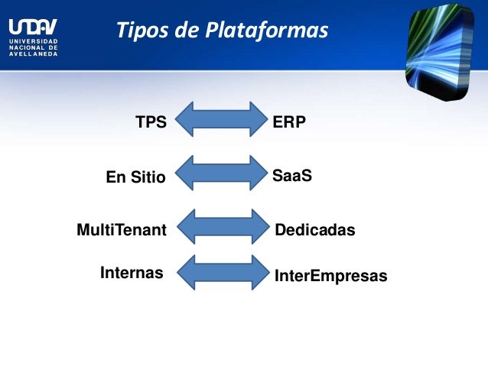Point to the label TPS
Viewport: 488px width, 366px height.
pyautogui.click(x=151, y=121)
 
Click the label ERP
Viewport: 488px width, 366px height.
pyautogui.click(x=289, y=121)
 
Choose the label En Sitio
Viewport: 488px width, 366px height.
pyautogui.click(x=135, y=178)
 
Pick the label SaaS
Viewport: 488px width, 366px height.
pyautogui.click(x=292, y=176)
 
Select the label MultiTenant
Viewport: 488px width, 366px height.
pyautogui.click(x=122, y=229)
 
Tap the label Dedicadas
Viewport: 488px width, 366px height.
pyautogui.click(x=315, y=229)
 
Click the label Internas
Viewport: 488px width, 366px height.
pyautogui.click(x=132, y=272)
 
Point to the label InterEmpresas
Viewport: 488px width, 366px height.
pyautogui.click(x=330, y=275)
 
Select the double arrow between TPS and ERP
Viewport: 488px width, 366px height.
pyautogui.click(x=223, y=119)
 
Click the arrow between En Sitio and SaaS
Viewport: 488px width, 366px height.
pyautogui.click(x=223, y=172)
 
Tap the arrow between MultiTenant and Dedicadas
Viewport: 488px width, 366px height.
pyautogui.click(x=223, y=227)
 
